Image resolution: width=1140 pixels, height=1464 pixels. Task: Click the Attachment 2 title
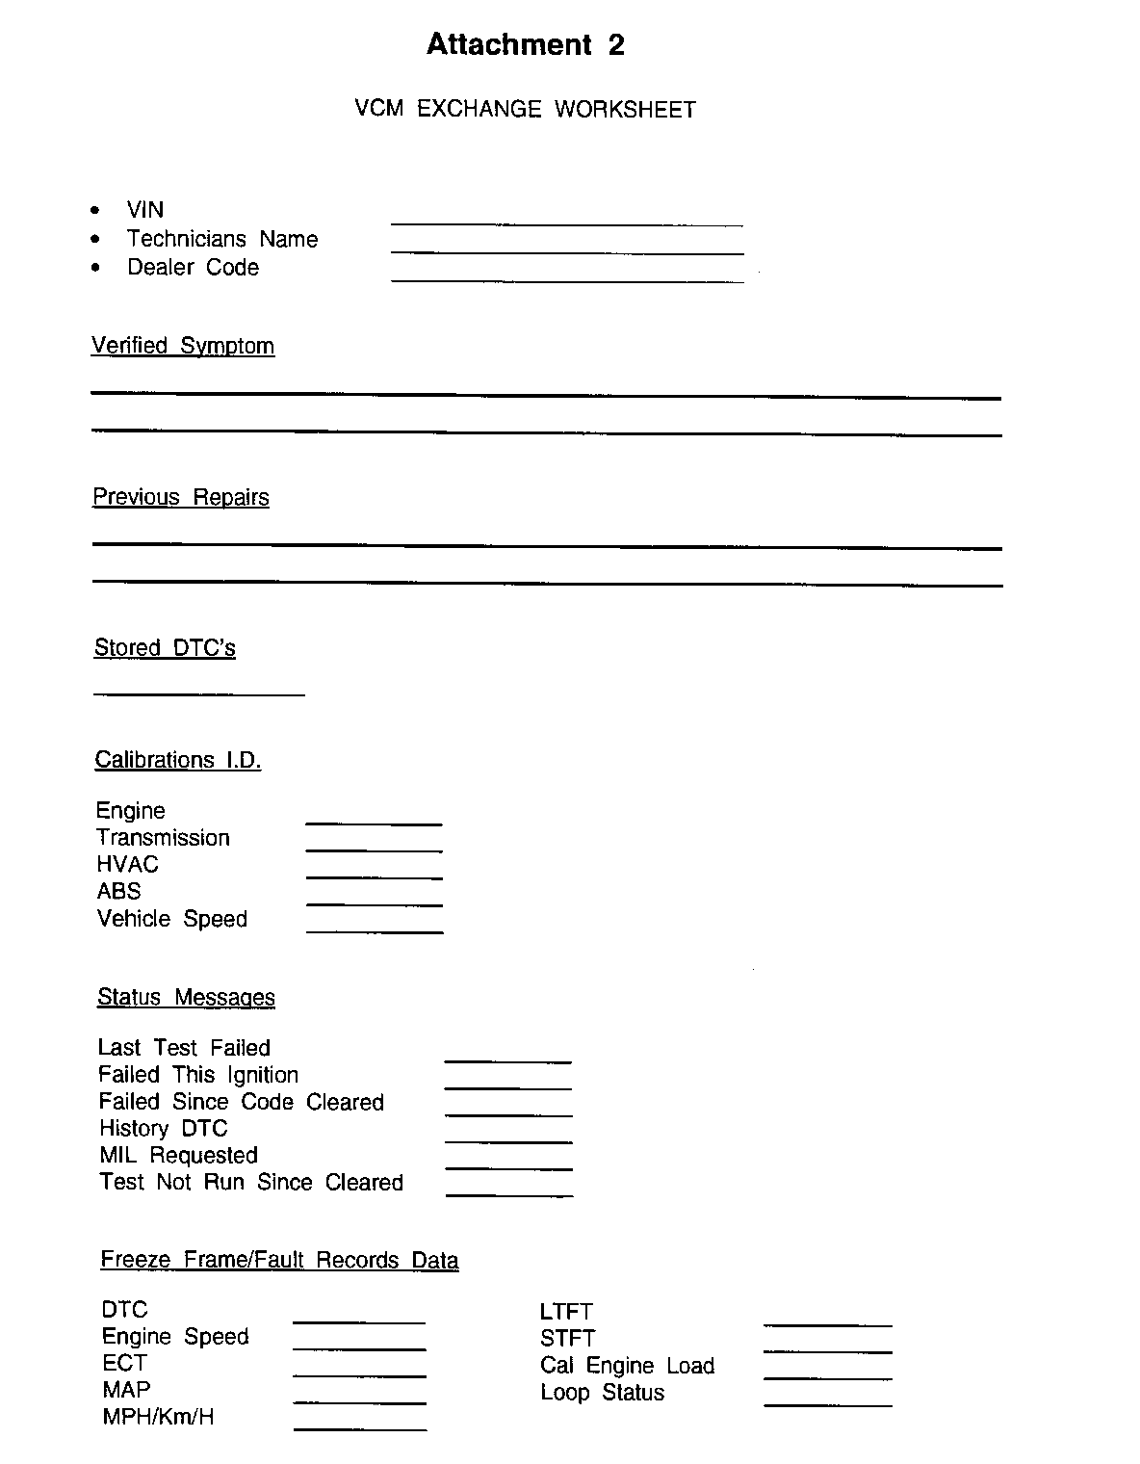tap(525, 45)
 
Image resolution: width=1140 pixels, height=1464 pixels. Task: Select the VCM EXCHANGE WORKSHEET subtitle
tap(525, 109)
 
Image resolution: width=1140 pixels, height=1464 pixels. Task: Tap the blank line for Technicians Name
tap(567, 251)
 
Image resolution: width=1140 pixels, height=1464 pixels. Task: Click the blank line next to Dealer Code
tap(567, 279)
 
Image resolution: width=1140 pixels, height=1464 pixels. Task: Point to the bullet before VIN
tap(94, 210)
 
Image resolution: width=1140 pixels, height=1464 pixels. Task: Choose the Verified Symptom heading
tap(183, 346)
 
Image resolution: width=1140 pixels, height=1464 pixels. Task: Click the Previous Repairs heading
tap(181, 497)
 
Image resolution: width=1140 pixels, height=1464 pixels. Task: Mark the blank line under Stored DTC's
tap(198, 693)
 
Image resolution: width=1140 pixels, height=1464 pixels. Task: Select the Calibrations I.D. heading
tap(178, 760)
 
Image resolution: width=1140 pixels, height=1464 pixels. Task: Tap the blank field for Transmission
tap(374, 850)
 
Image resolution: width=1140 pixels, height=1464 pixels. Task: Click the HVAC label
tap(127, 864)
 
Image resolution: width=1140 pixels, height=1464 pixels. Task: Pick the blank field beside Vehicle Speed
tap(375, 930)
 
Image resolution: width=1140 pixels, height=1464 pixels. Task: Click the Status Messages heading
tap(186, 997)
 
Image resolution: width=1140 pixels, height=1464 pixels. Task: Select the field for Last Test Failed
tap(507, 1060)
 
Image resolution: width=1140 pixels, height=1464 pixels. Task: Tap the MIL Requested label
tap(178, 1155)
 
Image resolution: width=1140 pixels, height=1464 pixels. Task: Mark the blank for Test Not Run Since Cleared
tap(509, 1194)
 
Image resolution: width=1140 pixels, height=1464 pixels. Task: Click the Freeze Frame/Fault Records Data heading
tap(279, 1260)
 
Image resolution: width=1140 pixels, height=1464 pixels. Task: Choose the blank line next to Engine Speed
tap(359, 1347)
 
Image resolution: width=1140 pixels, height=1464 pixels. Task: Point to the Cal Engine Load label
tap(627, 1366)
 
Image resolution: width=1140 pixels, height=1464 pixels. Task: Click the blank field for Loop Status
tap(828, 1405)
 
